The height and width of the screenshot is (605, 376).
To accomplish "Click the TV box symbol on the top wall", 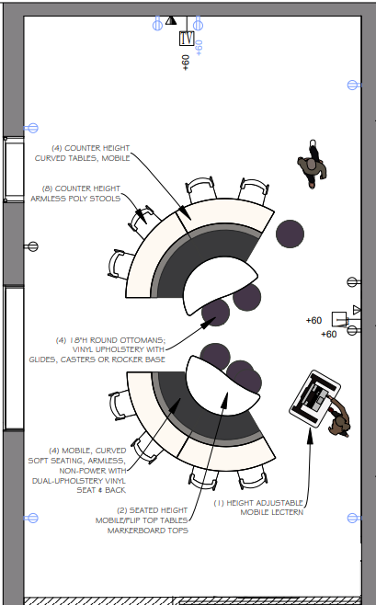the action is (187, 39).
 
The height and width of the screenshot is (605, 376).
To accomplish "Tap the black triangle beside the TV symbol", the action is (171, 20).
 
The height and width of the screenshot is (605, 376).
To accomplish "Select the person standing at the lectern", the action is (339, 417).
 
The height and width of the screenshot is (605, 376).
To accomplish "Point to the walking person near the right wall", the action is (313, 164).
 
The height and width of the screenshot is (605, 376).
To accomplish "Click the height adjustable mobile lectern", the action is (314, 399).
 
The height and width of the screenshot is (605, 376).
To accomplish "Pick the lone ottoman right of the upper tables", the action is (290, 234).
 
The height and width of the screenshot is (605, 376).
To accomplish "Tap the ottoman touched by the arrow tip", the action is (215, 313).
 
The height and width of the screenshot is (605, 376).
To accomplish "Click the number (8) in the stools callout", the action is (48, 188).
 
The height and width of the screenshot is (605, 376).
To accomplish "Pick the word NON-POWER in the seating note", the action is (93, 471).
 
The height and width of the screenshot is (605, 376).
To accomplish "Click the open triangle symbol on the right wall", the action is (357, 310).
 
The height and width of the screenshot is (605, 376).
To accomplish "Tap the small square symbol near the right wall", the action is (339, 319).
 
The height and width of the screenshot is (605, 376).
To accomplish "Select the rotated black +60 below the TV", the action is (186, 63).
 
